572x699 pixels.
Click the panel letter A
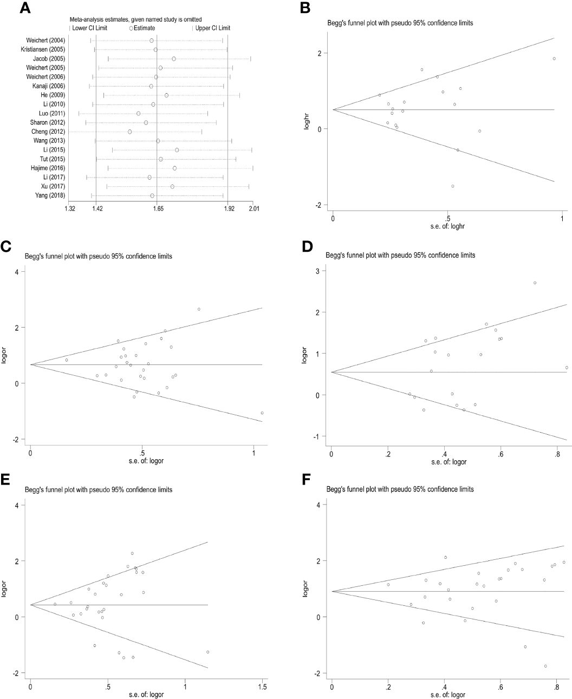[25, 9]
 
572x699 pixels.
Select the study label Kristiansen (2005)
[43, 50]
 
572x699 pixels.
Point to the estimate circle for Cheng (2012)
[130, 132]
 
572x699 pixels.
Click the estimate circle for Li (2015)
[177, 150]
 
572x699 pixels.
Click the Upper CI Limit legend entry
[212, 28]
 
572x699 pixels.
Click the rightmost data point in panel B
[554, 58]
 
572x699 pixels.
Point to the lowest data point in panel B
[453, 186]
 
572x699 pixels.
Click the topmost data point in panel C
[199, 309]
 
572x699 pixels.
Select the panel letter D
[308, 246]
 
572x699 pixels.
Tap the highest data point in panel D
[535, 283]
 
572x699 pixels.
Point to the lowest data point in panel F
[545, 666]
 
